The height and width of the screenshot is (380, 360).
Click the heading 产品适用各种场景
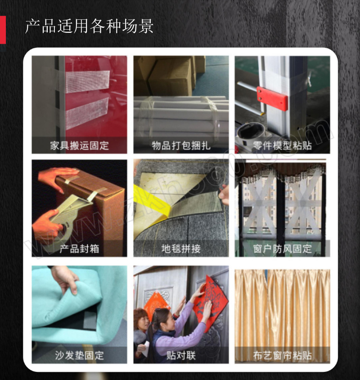click(89, 26)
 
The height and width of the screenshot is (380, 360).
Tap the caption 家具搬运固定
click(80, 145)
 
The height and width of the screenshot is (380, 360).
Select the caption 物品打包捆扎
click(181, 145)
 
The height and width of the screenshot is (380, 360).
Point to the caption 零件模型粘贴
click(282, 145)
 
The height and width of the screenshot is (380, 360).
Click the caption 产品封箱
click(80, 249)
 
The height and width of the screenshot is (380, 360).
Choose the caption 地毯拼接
click(181, 249)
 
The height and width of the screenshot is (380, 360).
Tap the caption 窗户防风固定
click(282, 249)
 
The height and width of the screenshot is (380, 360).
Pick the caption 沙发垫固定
click(80, 355)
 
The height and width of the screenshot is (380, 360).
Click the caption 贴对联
click(181, 355)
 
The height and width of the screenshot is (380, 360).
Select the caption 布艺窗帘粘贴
click(282, 355)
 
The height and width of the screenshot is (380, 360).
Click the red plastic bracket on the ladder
click(272, 98)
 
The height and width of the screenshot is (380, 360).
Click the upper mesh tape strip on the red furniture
click(88, 81)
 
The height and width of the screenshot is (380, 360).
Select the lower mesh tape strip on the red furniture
click(87, 113)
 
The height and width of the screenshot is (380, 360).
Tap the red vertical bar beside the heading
click(3, 30)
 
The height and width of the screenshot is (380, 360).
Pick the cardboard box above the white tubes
click(170, 76)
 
